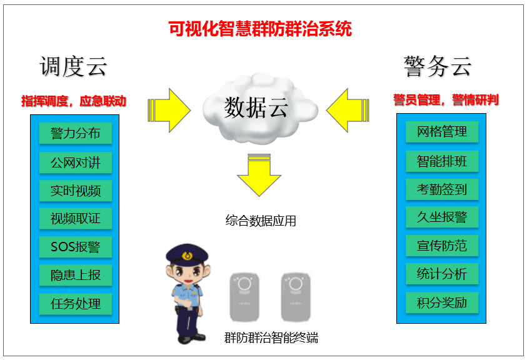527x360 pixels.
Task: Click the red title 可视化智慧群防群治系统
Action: pyautogui.click(x=260, y=29)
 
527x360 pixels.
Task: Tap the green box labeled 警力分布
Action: pyautogui.click(x=75, y=133)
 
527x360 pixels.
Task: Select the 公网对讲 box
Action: pyautogui.click(x=75, y=162)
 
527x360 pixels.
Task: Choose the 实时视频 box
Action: pyautogui.click(x=75, y=191)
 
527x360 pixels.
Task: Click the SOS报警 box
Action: pyautogui.click(x=75, y=247)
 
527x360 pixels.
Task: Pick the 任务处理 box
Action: pyautogui.click(x=75, y=304)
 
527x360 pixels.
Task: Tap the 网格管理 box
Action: pyautogui.click(x=441, y=131)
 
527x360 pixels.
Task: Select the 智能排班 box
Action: pyautogui.click(x=441, y=161)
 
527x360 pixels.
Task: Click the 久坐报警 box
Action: pyautogui.click(x=441, y=217)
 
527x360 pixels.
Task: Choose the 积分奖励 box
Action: pyautogui.click(x=441, y=302)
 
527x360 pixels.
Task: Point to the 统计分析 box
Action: pyautogui.click(x=441, y=274)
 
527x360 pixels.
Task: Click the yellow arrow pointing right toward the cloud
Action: pyautogui.click(x=169, y=110)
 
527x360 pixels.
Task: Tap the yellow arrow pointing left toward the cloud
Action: pyautogui.click(x=348, y=110)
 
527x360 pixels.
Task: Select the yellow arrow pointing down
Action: pyautogui.click(x=259, y=175)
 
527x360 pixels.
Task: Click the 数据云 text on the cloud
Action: pyautogui.click(x=256, y=107)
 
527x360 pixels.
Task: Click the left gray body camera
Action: pyautogui.click(x=244, y=297)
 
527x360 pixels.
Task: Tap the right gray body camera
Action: pyautogui.click(x=296, y=297)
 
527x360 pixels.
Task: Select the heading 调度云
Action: pyautogui.click(x=73, y=66)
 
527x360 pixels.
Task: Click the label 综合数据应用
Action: pyautogui.click(x=261, y=221)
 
